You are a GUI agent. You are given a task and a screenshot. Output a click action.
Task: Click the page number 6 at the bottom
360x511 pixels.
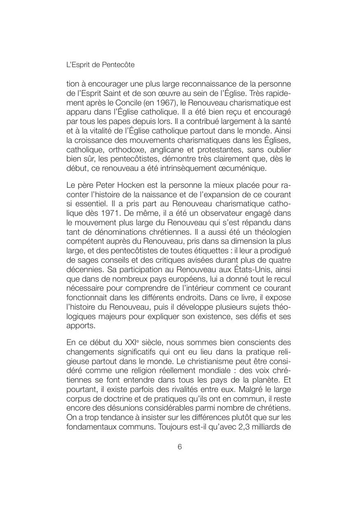coord(180,448)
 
